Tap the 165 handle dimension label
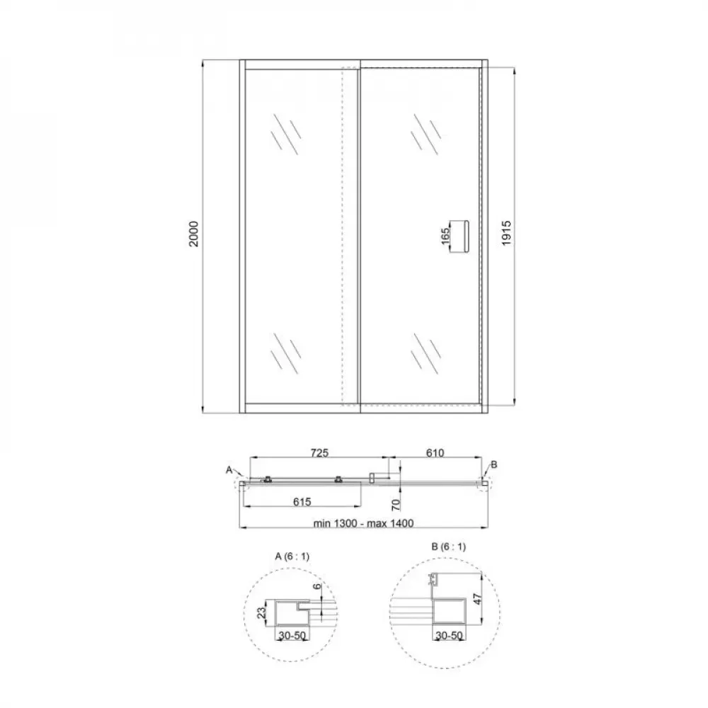tap(445, 235)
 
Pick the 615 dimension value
tap(302, 501)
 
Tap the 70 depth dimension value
tap(397, 504)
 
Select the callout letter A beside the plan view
tap(229, 469)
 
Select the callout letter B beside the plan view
tap(494, 464)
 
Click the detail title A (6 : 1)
tap(292, 556)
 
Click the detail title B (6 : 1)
tap(448, 547)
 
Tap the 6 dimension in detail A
tap(319, 587)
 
